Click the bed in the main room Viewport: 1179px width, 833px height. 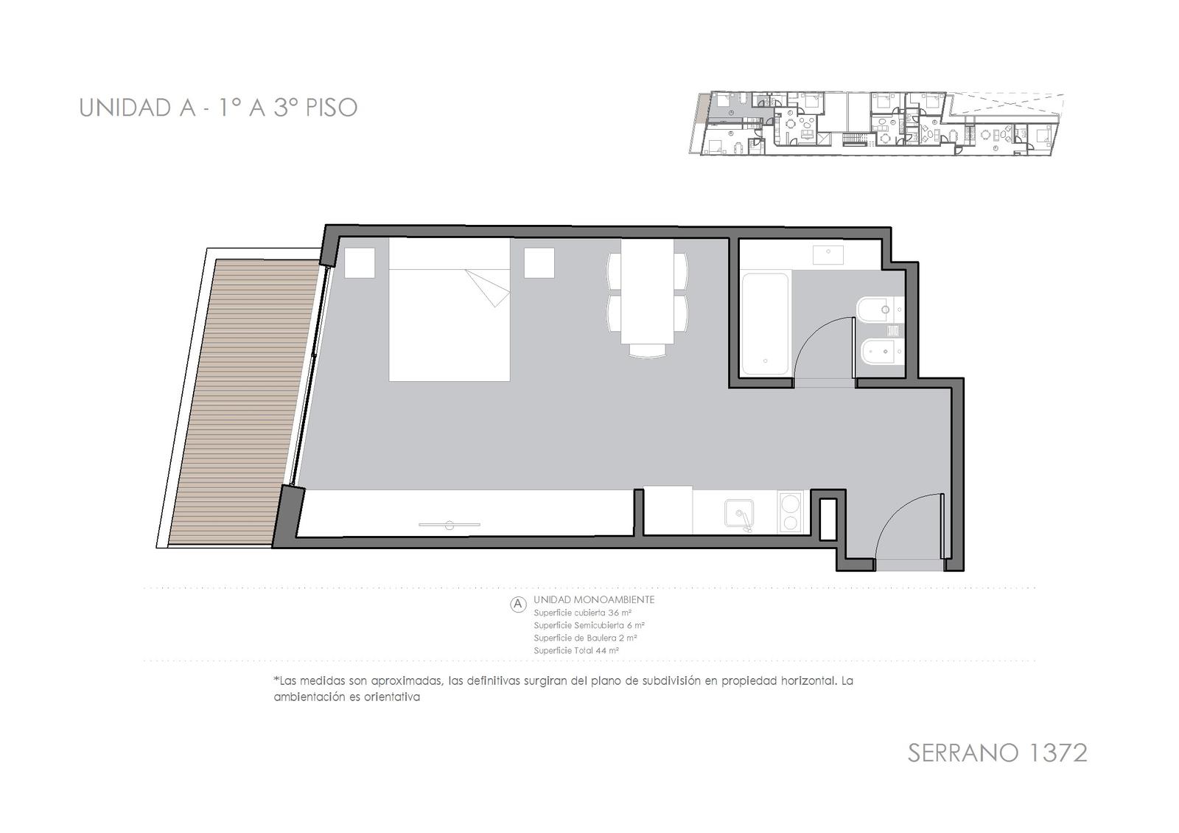pyautogui.click(x=449, y=309)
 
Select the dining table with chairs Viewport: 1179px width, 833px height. pyautogui.click(x=648, y=298)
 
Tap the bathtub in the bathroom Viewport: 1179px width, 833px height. pyautogui.click(x=766, y=324)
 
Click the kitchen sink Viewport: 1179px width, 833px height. pyautogui.click(x=739, y=513)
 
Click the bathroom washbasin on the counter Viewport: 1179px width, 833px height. pyautogui.click(x=828, y=254)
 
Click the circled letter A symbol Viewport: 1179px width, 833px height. pyautogui.click(x=519, y=604)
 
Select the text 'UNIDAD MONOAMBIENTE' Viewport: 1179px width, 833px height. pyautogui.click(x=594, y=600)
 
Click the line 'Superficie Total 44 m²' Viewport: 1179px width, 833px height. pyautogui.click(x=575, y=651)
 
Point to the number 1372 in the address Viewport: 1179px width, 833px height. pyautogui.click(x=1049, y=753)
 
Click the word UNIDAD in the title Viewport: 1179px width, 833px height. pyautogui.click(x=125, y=108)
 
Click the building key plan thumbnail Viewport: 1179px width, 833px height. pyautogui.click(x=876, y=124)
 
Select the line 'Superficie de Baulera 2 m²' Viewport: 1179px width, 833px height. pyautogui.click(x=585, y=638)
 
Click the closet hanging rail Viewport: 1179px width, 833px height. pyautogui.click(x=449, y=525)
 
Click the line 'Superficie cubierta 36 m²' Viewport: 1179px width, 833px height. pyautogui.click(x=583, y=613)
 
